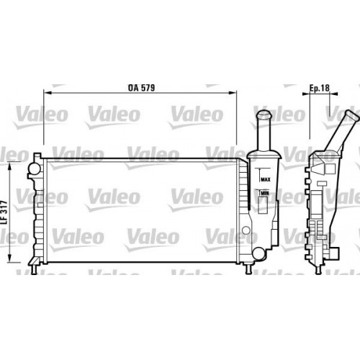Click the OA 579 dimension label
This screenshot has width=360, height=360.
click(x=143, y=86)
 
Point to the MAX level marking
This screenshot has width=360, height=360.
click(x=265, y=179)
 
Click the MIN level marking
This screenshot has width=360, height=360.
click(x=265, y=194)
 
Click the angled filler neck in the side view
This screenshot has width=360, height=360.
click(x=342, y=133)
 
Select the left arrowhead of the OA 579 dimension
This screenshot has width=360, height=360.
click(x=45, y=93)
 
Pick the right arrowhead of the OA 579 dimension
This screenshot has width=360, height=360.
click(x=236, y=93)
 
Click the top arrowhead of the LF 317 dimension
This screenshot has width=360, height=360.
click(x=9, y=163)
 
